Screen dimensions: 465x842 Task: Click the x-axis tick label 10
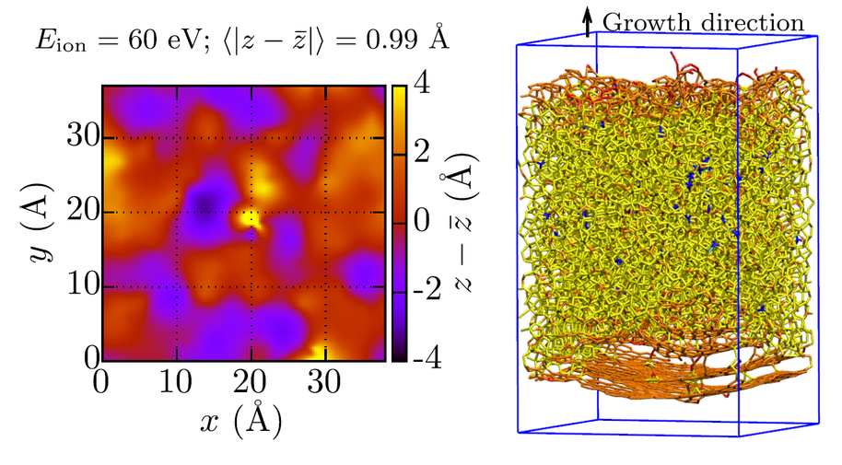click(175, 378)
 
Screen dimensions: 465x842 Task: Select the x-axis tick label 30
click(324, 378)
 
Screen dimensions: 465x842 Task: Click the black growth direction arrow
click(588, 22)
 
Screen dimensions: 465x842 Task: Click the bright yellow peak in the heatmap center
click(247, 219)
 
